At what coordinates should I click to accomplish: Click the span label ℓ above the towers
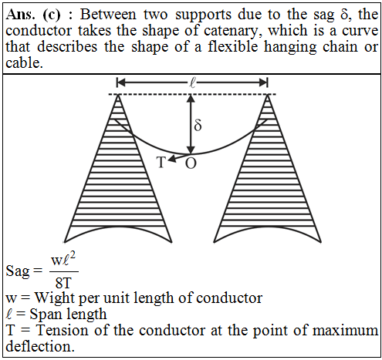[192, 83]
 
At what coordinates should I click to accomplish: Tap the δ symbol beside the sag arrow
[198, 125]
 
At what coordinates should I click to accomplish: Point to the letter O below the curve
[191, 163]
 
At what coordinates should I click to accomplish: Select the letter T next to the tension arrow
[161, 162]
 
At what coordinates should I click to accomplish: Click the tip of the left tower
[118, 95]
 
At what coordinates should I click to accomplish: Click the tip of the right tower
[268, 95]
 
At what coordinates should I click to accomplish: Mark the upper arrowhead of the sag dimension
[191, 99]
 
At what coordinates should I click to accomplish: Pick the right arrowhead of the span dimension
[263, 83]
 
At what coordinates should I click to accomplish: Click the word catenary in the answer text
[231, 31]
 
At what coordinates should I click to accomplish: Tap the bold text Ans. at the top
[20, 15]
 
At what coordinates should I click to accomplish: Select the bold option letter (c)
[52, 15]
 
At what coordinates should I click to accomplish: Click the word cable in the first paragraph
[24, 62]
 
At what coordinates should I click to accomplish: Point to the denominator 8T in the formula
[63, 283]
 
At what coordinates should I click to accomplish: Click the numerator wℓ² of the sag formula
[63, 260]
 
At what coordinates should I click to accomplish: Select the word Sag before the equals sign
[18, 271]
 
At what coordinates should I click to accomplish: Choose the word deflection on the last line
[40, 346]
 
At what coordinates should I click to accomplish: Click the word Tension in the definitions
[63, 330]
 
